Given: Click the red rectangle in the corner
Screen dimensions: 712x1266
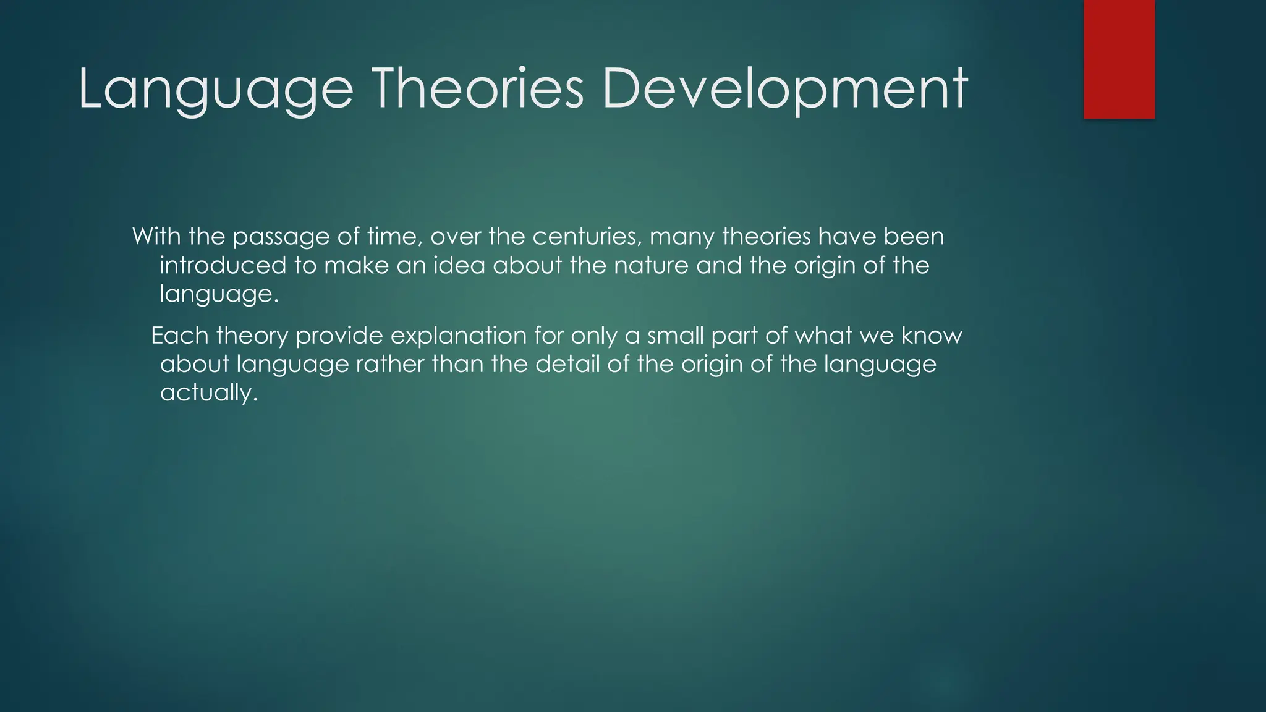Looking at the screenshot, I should [x=1119, y=59].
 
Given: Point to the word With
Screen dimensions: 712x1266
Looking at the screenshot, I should [x=156, y=237].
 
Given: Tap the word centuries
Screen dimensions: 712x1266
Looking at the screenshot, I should [x=587, y=237].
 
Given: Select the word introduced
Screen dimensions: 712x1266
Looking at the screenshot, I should [x=223, y=266].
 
